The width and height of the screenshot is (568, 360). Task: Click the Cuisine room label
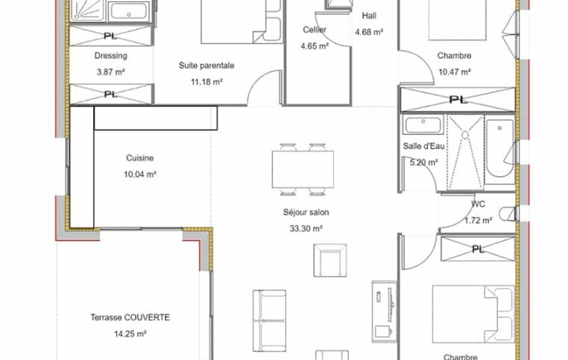tap(140, 158)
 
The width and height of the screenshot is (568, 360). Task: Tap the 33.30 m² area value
tap(306, 229)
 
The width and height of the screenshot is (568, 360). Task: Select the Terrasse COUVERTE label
tap(130, 317)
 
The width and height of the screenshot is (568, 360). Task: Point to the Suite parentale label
tap(207, 65)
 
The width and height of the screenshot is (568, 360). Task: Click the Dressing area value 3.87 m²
tap(111, 72)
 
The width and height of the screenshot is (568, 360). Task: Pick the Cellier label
tap(314, 30)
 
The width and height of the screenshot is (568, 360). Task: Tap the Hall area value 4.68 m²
tap(369, 32)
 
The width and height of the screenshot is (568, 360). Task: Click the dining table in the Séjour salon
tap(303, 169)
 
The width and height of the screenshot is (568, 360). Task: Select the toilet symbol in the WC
tap(507, 214)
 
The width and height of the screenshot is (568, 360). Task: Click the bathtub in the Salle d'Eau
tap(499, 149)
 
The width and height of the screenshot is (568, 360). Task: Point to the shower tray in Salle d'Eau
tap(465, 152)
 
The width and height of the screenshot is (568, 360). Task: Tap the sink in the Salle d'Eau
tap(423, 125)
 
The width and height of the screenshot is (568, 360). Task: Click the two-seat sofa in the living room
tap(269, 321)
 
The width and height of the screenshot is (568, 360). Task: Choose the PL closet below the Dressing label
tap(111, 94)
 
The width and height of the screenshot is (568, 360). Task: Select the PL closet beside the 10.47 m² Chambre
tap(458, 99)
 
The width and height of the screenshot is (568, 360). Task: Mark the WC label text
tap(478, 204)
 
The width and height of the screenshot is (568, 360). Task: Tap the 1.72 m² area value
tap(478, 220)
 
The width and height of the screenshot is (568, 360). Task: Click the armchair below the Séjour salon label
tap(330, 260)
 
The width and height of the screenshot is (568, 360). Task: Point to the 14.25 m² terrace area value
tap(130, 334)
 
